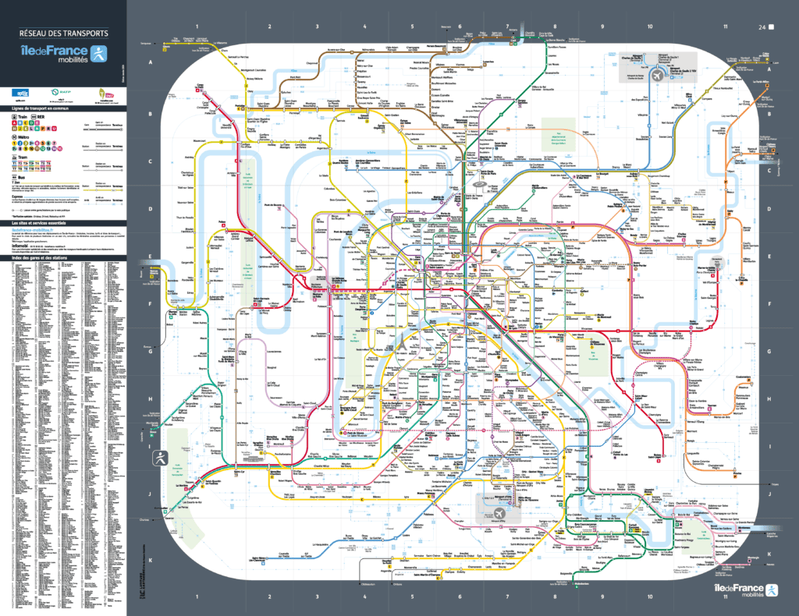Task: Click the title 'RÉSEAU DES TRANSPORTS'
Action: tap(64, 34)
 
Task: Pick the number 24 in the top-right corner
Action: tap(761, 27)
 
